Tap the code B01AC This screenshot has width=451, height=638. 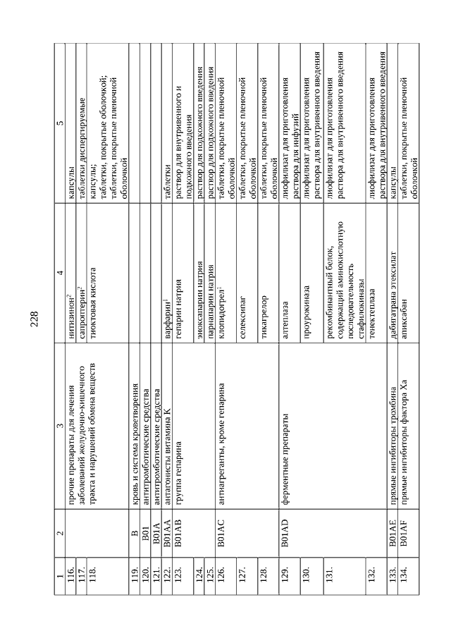[x=220, y=551]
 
